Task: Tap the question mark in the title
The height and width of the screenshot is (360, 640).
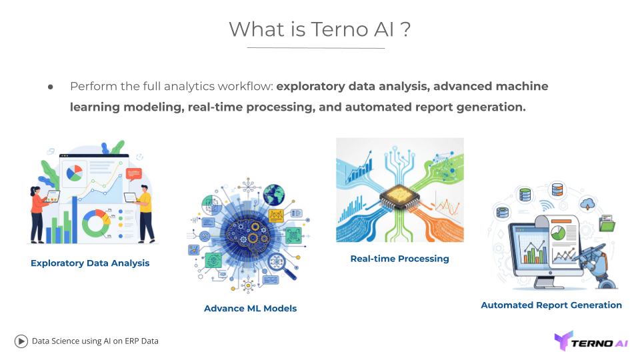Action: click(x=405, y=29)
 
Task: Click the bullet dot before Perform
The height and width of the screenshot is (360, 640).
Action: click(x=50, y=87)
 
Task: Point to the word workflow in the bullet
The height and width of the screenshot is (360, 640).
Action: click(x=242, y=86)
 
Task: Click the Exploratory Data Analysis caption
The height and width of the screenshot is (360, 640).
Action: click(x=90, y=263)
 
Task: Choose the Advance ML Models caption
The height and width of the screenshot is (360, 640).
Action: click(x=250, y=309)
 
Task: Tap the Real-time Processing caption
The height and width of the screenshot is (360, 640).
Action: click(x=399, y=259)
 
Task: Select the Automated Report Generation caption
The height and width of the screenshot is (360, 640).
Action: click(x=551, y=305)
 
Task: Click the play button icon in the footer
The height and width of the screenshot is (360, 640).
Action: click(x=21, y=341)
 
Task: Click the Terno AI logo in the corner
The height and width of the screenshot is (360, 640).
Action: click(x=591, y=341)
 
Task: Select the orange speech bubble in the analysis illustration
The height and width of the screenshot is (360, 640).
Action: click(x=133, y=175)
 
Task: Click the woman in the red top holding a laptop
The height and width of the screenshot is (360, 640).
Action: click(x=38, y=207)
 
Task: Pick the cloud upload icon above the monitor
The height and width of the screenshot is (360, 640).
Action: click(x=588, y=203)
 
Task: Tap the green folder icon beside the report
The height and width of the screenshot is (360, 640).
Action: click(x=607, y=225)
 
